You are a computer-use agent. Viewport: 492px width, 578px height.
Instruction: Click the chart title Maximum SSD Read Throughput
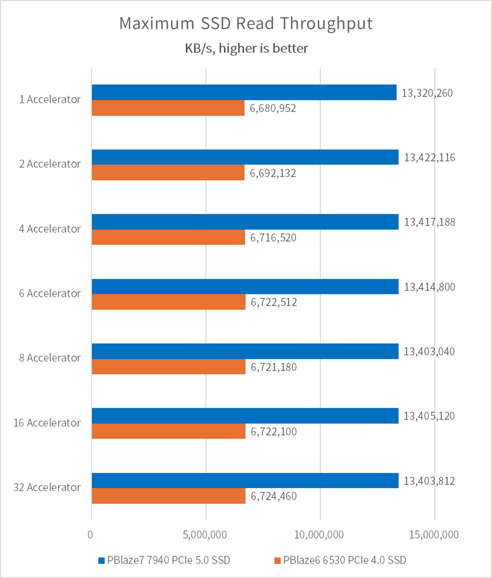246,24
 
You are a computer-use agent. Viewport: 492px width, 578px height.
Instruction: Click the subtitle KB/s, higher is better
246,48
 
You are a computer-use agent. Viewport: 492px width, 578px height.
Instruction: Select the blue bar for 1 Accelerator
244,92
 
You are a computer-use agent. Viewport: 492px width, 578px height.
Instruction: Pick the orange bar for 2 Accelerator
168,173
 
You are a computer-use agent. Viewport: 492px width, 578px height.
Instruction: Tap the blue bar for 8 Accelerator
245,351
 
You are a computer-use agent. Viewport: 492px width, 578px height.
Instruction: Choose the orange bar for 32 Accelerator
168,496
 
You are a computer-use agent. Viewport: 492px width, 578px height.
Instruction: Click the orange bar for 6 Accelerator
168,302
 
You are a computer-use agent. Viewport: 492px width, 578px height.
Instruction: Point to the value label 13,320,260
427,93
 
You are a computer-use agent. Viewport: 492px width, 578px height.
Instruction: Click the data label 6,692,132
274,173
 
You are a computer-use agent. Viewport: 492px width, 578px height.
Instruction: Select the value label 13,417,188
429,222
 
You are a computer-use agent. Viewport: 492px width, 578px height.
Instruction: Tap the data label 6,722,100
274,431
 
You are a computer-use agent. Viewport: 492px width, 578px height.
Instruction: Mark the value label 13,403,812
429,481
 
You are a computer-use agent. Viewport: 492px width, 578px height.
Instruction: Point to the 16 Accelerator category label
46,423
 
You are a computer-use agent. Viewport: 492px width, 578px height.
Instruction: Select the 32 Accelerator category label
46,487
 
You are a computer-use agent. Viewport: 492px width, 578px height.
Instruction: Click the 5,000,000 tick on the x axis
206,535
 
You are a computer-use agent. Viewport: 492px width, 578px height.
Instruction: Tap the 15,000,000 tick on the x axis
434,535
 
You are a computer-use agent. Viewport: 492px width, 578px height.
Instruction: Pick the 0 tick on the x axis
91,535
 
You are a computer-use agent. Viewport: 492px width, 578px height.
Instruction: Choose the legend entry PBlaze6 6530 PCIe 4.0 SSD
340,560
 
